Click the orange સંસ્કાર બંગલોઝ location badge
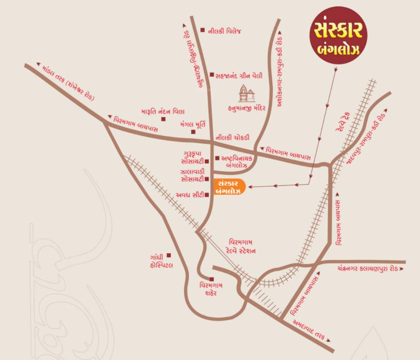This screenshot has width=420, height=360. click(229, 187)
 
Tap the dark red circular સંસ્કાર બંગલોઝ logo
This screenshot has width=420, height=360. click(338, 36)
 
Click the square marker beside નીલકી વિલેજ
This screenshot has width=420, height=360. click(202, 30)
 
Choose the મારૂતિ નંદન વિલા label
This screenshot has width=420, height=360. click(163, 112)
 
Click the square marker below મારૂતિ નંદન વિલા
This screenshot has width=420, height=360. click(163, 119)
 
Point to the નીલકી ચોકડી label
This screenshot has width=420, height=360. click(232, 137)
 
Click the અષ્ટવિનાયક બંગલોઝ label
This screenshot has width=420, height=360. click(236, 162)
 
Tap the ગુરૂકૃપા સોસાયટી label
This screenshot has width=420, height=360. click(193, 157)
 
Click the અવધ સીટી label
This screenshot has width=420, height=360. click(190, 195)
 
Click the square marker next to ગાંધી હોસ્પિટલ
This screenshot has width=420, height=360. click(169, 255)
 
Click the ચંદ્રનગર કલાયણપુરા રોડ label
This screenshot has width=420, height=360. click(367, 270)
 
